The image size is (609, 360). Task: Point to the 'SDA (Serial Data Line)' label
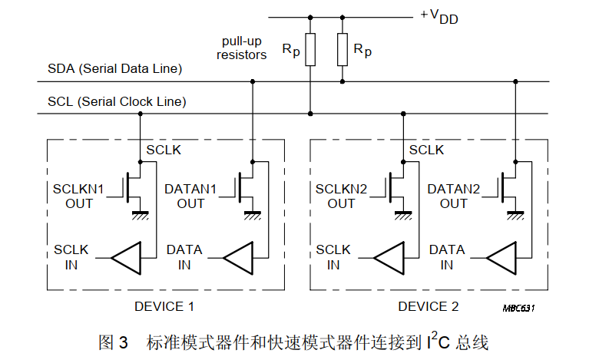[114, 69]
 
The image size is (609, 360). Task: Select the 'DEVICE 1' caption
[164, 306]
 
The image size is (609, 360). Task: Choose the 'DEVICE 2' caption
[428, 306]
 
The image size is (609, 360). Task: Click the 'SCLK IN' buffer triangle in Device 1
[126, 257]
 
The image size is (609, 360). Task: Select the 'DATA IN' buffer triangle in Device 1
[238, 257]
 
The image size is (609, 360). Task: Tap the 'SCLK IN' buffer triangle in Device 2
[389, 257]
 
